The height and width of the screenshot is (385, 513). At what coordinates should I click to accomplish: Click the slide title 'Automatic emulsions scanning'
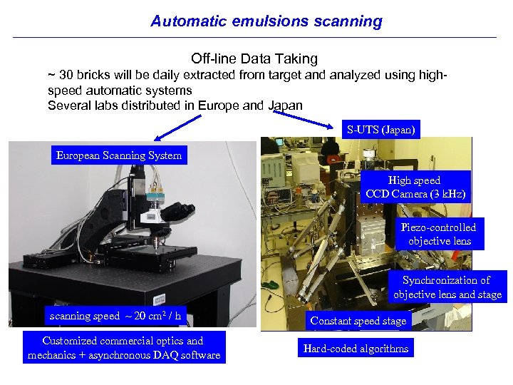pyautogui.click(x=266, y=21)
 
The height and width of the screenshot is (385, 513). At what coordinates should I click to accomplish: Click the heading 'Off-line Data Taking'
pyautogui.click(x=254, y=58)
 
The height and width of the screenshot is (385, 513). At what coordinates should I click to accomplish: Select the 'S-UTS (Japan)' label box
pyautogui.click(x=380, y=130)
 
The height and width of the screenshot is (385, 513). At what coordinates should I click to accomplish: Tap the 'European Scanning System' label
pyautogui.click(x=119, y=155)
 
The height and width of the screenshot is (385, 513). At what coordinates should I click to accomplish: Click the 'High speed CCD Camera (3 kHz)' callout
pyautogui.click(x=414, y=188)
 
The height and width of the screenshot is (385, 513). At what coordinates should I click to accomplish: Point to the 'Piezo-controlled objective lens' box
pyautogui.click(x=438, y=234)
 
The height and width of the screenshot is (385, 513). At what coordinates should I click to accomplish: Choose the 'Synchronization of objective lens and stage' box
pyautogui.click(x=447, y=287)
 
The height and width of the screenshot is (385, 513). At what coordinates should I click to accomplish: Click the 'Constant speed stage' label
pyautogui.click(x=358, y=321)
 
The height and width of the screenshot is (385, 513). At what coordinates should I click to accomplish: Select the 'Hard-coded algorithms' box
pyautogui.click(x=356, y=348)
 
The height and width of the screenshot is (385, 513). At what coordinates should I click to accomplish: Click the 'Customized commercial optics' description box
pyautogui.click(x=124, y=347)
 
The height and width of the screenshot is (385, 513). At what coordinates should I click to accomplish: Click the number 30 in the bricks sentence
pyautogui.click(x=66, y=75)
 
